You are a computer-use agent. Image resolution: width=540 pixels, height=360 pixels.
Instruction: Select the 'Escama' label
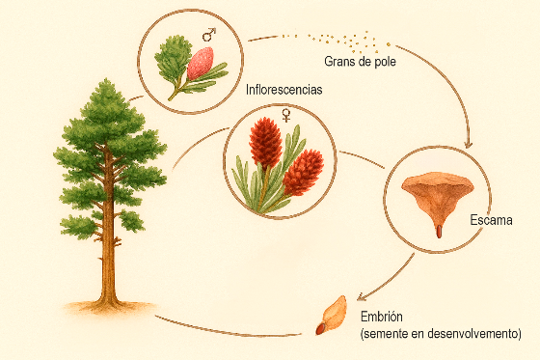tap(491, 221)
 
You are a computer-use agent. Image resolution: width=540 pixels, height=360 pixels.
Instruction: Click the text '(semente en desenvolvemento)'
tap(440, 333)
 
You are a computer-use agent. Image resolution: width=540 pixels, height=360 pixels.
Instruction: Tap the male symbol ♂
tap(207, 36)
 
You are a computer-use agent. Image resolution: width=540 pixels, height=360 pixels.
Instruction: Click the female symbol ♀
tap(285, 115)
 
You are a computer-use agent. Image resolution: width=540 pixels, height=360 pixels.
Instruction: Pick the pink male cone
tap(200, 62)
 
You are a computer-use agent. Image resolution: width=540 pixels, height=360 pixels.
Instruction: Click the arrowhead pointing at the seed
tap(358, 296)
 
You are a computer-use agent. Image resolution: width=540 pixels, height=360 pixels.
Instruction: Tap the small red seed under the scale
tap(438, 231)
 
